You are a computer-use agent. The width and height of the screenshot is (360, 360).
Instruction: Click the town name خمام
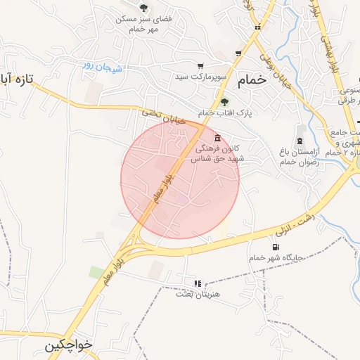(252, 79)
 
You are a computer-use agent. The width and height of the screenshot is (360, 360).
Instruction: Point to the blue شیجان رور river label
(102, 67)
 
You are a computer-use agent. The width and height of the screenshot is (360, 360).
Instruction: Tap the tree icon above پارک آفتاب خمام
(224, 101)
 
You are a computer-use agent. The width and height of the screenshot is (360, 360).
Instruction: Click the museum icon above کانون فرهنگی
(218, 137)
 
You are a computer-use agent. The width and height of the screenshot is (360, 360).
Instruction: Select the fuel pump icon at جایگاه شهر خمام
(274, 247)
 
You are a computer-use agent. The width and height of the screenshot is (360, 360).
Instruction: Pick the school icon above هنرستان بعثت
(198, 283)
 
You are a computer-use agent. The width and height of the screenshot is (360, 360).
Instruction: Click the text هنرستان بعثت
(198, 294)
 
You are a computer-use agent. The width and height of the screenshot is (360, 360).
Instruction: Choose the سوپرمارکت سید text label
(201, 75)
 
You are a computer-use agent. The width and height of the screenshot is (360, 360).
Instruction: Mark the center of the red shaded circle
(180, 179)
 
